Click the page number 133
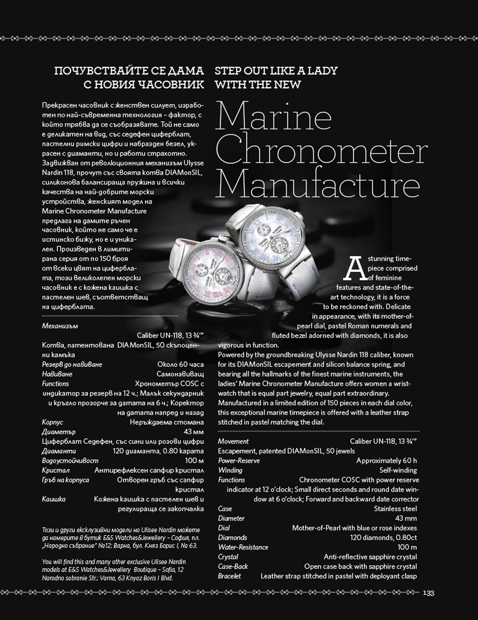click(429, 593)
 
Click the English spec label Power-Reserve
click(239, 460)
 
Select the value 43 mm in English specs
click(406, 518)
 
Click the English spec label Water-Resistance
click(243, 547)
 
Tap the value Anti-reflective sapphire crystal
click(370, 557)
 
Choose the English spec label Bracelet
click(229, 576)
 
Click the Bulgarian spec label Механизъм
click(60, 326)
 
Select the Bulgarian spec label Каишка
click(54, 499)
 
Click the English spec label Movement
click(233, 441)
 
